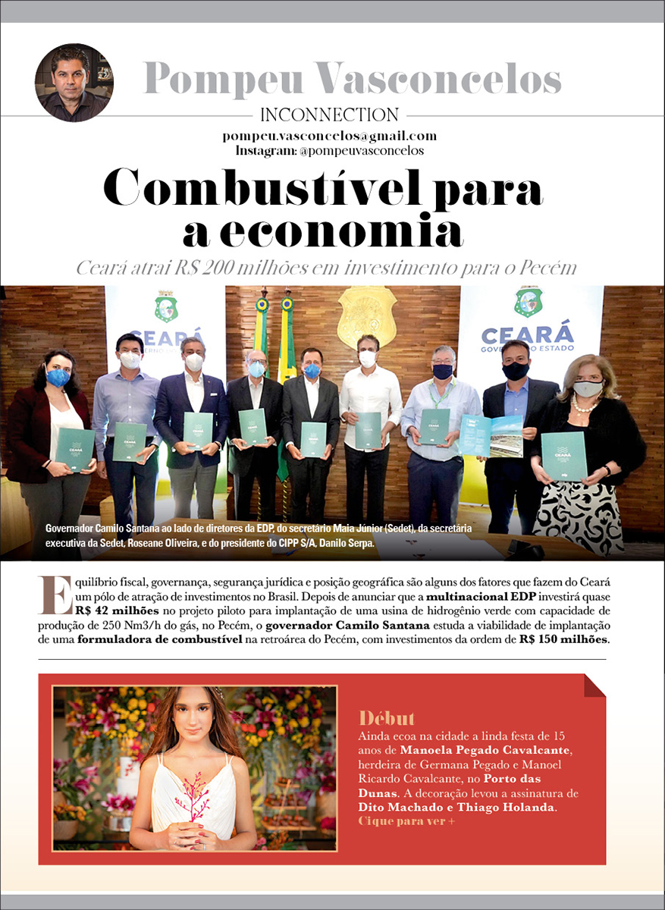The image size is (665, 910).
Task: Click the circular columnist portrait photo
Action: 74,83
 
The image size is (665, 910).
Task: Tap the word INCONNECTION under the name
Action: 329,115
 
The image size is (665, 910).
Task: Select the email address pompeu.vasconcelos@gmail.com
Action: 330,136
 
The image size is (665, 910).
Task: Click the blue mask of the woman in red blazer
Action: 58,378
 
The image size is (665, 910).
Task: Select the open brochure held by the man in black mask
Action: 490,435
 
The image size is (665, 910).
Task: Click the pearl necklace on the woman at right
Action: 583,405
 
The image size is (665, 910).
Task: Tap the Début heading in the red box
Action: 387,719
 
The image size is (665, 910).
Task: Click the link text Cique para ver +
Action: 406,821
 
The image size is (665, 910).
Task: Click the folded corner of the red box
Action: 594,685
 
